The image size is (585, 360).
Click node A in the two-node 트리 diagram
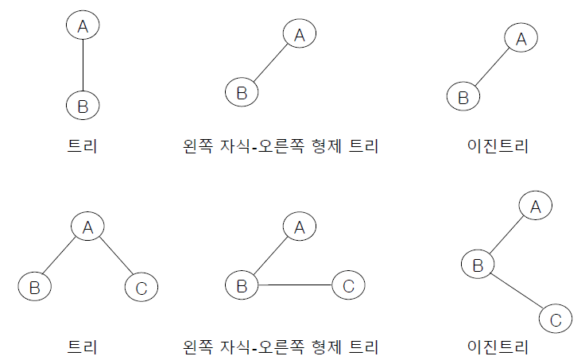(x=83, y=26)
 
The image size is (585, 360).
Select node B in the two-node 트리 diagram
(x=83, y=104)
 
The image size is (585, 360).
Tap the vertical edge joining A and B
(x=83, y=65)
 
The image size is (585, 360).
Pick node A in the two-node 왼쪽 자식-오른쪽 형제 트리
(x=300, y=34)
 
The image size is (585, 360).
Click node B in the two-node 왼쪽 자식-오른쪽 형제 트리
(x=242, y=92)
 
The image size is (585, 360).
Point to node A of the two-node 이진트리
(x=521, y=38)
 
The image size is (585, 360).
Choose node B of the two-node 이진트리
(x=463, y=97)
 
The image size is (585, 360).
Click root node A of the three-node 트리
(x=88, y=226)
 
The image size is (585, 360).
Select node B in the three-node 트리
(x=34, y=287)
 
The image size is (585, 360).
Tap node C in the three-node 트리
(x=141, y=287)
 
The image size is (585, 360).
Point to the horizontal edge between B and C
(x=295, y=285)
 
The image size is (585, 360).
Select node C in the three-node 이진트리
(x=556, y=320)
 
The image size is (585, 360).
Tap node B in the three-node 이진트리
(x=478, y=265)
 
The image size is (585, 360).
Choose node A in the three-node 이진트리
(x=536, y=207)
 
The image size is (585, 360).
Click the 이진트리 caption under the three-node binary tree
(x=498, y=347)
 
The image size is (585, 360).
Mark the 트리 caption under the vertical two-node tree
(x=83, y=146)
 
